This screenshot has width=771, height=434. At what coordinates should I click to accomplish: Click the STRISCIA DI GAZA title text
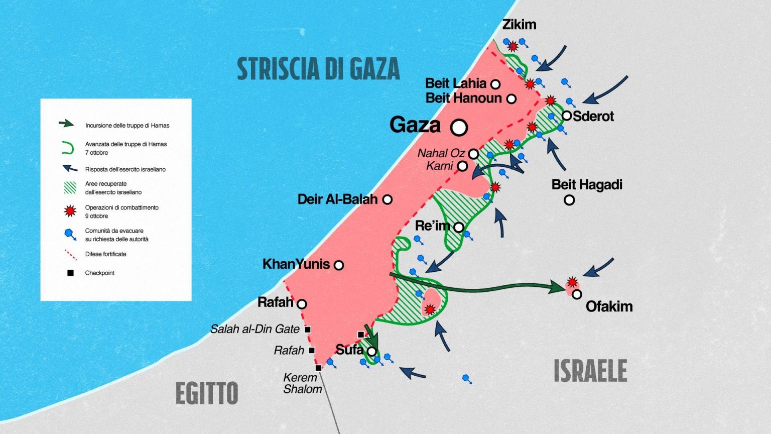pyautogui.click(x=318, y=69)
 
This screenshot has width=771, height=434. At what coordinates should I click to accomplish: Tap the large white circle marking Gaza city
pyautogui.click(x=459, y=128)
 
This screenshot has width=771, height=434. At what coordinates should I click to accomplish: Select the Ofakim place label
pyautogui.click(x=609, y=306)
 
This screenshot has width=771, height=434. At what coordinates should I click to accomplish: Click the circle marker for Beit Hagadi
pyautogui.click(x=569, y=200)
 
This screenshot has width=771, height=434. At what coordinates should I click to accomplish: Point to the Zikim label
pyautogui.click(x=519, y=24)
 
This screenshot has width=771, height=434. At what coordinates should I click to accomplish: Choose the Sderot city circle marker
pyautogui.click(x=567, y=116)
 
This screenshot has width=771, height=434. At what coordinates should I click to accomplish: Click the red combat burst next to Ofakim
pyautogui.click(x=572, y=282)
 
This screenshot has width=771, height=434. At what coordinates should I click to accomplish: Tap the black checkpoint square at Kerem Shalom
pyautogui.click(x=318, y=368)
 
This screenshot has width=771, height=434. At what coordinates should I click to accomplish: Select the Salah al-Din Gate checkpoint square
pyautogui.click(x=308, y=330)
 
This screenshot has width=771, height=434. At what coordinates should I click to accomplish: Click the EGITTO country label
pyautogui.click(x=206, y=393)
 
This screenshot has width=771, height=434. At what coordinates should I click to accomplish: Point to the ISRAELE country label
pyautogui.click(x=590, y=371)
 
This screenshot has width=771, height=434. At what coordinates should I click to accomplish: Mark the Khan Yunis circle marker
pyautogui.click(x=339, y=265)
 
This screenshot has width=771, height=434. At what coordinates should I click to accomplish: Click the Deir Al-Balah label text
pyautogui.click(x=337, y=199)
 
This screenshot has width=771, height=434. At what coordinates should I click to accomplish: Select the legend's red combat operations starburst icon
pyautogui.click(x=70, y=211)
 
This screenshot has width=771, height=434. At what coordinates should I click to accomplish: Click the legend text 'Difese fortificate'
pyautogui.click(x=105, y=254)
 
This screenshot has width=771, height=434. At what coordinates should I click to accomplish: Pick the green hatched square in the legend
pyautogui.click(x=70, y=187)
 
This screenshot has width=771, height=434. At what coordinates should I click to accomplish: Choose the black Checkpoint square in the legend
pyautogui.click(x=71, y=273)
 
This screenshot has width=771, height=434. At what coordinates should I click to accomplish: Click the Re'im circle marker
pyautogui.click(x=458, y=227)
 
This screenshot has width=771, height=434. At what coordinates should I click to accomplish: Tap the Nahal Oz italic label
pyautogui.click(x=441, y=153)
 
